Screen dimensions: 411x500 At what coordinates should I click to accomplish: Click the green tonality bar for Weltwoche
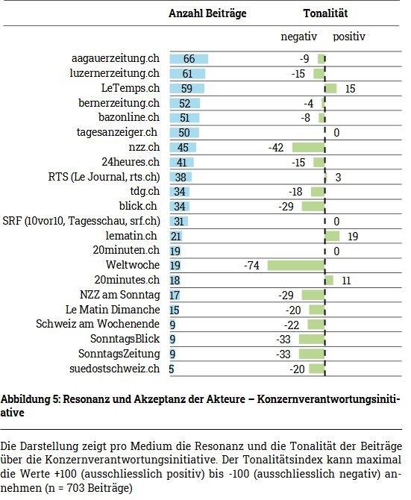tap(296, 266)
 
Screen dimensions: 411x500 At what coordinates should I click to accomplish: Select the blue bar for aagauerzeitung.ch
tap(189, 59)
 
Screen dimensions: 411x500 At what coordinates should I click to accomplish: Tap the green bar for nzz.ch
tap(308, 147)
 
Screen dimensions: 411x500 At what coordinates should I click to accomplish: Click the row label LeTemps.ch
tap(131, 88)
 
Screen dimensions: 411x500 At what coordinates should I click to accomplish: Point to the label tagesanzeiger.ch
tap(117, 132)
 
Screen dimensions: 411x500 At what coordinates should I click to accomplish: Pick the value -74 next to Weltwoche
tap(251, 266)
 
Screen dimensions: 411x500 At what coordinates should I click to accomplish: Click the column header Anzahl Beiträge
tap(207, 13)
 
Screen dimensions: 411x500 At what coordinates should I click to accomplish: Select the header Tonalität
tap(325, 13)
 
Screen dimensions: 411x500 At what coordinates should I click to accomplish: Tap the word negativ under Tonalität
tap(299, 37)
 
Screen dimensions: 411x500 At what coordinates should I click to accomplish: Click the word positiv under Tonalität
tap(349, 37)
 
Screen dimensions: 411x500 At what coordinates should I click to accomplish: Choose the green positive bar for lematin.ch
tap(332, 236)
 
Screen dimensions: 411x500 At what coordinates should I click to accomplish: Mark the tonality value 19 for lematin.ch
tap(353, 237)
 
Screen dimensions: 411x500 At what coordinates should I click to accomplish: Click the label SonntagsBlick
tap(125, 339)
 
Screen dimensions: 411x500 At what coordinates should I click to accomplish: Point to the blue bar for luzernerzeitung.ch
tap(188, 74)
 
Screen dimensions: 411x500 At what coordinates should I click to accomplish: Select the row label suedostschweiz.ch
tap(114, 369)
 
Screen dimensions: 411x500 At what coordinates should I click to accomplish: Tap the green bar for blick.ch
tap(313, 206)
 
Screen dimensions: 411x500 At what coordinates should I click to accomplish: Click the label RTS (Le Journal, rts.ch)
tap(104, 177)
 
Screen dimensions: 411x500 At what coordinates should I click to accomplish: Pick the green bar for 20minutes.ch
tap(330, 281)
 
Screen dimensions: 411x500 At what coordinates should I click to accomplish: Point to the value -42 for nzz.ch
tap(276, 147)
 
